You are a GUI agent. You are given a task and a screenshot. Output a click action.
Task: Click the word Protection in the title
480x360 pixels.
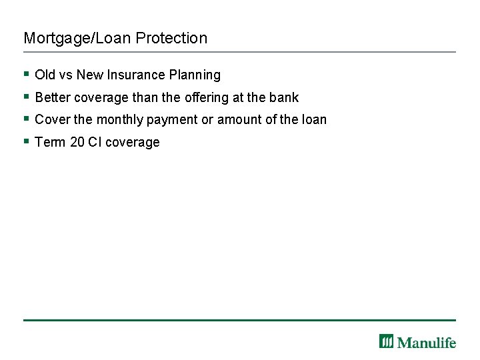click(x=171, y=39)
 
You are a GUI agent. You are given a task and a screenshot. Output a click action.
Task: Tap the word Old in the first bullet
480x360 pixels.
click(x=45, y=75)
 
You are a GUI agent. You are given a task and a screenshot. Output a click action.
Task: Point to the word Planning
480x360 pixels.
click(x=195, y=75)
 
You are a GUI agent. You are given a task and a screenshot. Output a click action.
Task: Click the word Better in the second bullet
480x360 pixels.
click(x=53, y=97)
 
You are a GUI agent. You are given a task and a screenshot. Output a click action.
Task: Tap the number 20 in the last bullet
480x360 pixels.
click(x=77, y=142)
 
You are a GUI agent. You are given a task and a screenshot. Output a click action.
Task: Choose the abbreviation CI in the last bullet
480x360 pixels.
click(x=94, y=142)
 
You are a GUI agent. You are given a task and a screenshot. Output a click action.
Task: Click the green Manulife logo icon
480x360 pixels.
click(x=387, y=341)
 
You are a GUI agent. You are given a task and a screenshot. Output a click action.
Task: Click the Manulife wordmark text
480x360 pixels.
click(x=427, y=342)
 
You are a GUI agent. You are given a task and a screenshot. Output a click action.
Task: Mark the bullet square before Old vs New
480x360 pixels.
click(x=26, y=74)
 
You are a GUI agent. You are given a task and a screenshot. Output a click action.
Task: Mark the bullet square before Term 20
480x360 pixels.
click(x=26, y=141)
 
